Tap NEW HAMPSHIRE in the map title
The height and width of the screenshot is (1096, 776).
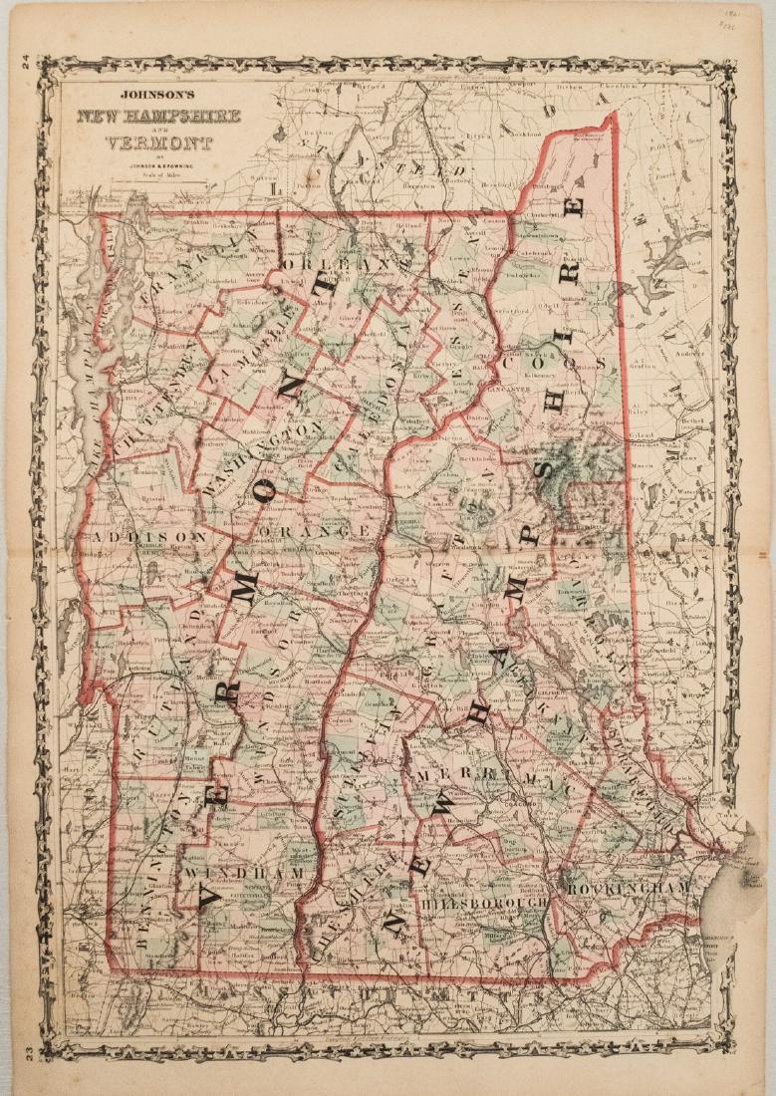click(x=159, y=117)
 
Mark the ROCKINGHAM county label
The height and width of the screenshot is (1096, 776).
click(x=629, y=887)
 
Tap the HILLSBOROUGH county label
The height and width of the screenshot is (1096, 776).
click(x=484, y=903)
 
